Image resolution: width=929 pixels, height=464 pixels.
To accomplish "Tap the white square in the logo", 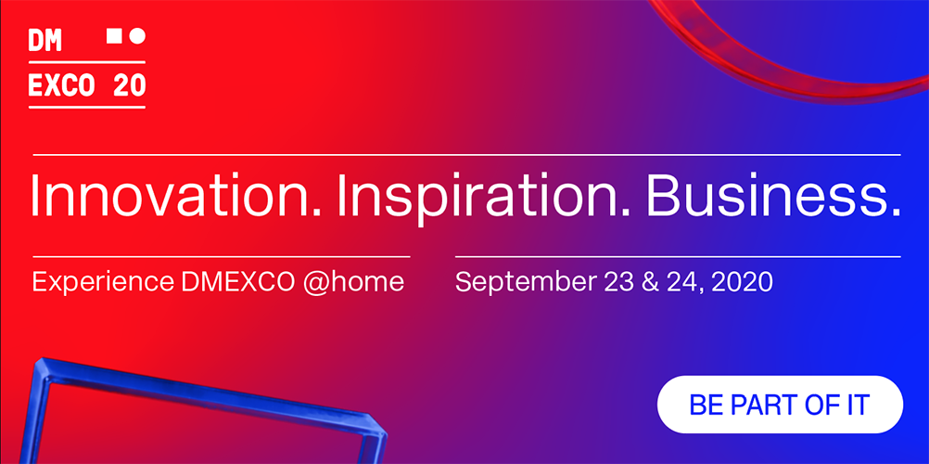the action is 114,35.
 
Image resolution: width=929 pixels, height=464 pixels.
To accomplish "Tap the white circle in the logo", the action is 137,36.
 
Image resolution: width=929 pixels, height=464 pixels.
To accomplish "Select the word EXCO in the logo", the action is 61,85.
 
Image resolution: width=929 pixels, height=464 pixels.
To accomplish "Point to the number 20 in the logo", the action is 129,85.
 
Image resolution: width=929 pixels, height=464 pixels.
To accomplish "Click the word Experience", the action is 104,283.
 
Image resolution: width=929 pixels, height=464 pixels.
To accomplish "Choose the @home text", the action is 353,282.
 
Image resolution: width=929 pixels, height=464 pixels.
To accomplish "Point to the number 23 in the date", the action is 619,282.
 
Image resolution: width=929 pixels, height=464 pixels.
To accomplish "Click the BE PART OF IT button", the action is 780,405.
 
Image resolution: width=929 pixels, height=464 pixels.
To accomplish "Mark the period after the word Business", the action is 896,212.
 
